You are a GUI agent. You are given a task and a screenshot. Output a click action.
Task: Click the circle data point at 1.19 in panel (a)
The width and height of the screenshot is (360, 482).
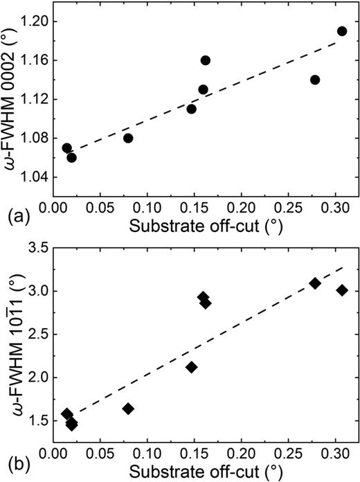tap(342, 31)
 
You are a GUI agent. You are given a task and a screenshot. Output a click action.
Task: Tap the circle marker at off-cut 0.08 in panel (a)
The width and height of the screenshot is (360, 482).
tap(128, 138)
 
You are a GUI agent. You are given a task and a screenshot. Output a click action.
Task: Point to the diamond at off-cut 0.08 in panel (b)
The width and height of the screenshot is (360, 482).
tap(128, 409)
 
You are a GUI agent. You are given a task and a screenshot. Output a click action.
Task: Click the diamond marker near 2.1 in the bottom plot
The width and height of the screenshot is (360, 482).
tap(192, 367)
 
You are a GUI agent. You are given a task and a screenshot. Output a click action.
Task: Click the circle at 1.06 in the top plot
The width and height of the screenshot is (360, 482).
tap(71, 157)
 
